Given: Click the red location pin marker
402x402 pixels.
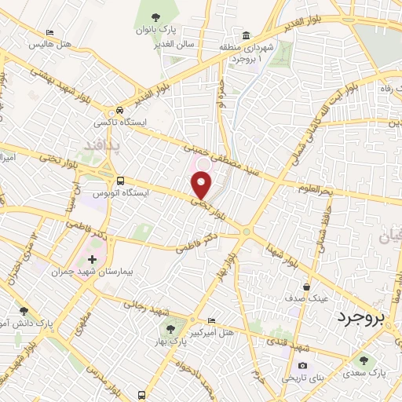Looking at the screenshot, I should pos(203,185).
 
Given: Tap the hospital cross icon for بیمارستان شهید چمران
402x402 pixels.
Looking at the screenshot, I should pos(93,259).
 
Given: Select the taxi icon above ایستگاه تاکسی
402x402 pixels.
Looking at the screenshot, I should pos(119,111).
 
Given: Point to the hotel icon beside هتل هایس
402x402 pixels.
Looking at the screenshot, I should pos(50,32).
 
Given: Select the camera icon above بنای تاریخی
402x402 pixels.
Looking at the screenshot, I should pos(303,366).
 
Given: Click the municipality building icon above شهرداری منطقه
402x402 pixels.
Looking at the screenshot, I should pos(247,36).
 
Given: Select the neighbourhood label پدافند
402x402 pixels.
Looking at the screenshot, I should pos(104,146).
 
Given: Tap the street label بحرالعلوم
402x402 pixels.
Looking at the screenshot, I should pos(316,188).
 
